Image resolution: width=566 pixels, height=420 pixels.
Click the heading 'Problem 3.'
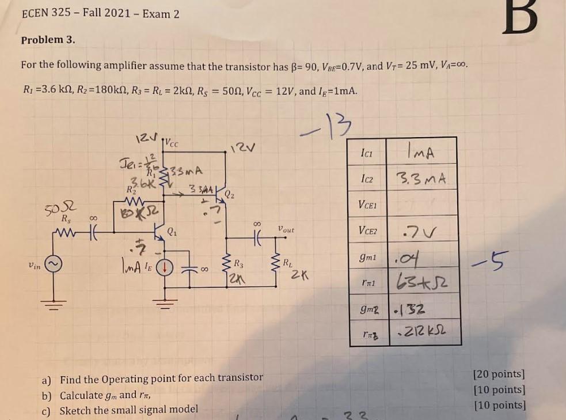(48, 40)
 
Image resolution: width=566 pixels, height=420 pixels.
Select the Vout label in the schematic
(286, 229)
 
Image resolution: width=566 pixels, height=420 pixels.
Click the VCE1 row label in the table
(368, 205)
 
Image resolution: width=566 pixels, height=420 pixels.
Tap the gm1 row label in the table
(368, 258)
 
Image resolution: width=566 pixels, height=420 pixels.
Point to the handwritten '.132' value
(409, 310)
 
